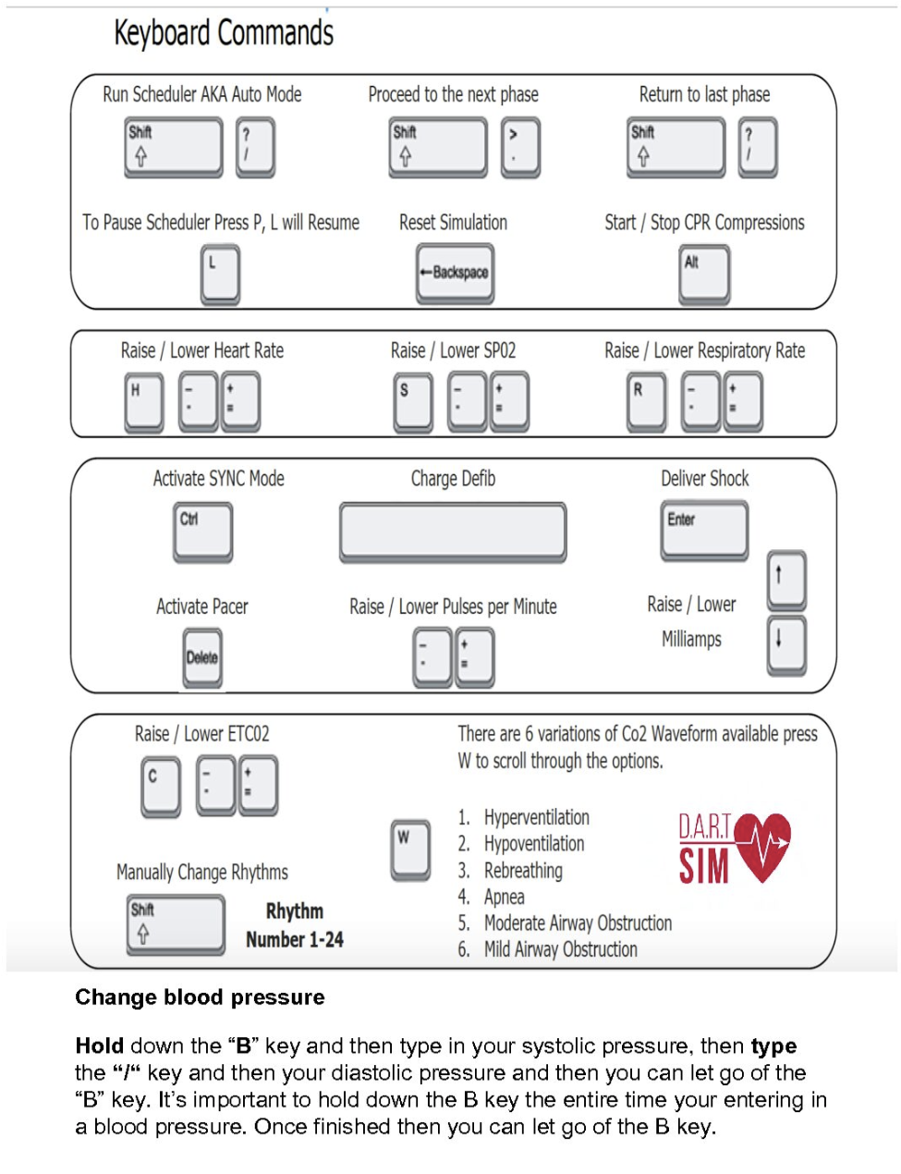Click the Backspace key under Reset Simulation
click(455, 273)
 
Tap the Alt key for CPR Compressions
click(704, 274)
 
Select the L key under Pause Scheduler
click(220, 275)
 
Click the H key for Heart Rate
click(144, 401)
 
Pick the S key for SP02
click(412, 401)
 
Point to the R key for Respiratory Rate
click(646, 401)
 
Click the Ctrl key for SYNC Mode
click(202, 531)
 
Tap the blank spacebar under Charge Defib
click(453, 532)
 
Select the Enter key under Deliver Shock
click(704, 530)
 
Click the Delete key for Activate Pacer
click(202, 657)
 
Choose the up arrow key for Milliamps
click(786, 579)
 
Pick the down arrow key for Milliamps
click(786, 643)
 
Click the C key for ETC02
click(161, 786)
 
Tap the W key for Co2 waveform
click(410, 848)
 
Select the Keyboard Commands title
click(224, 33)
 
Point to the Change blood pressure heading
click(201, 997)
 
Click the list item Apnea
click(505, 897)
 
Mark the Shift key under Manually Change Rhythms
click(176, 923)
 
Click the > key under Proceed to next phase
click(520, 146)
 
